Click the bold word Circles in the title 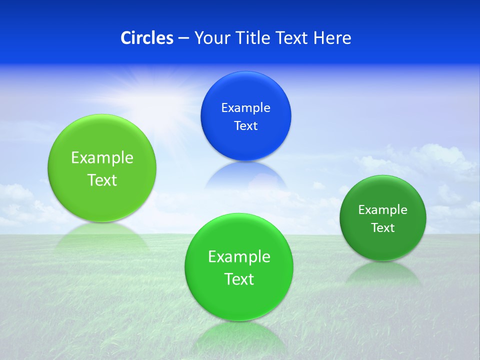coord(147,38)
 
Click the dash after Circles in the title coord(183,38)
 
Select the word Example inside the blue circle coord(245,107)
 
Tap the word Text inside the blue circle coord(245,125)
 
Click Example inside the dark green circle coord(382,209)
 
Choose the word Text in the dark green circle coord(382,227)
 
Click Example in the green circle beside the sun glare coord(102,157)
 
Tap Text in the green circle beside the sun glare coord(102,180)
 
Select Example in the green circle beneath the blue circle coord(239,256)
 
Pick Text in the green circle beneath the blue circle coord(239,279)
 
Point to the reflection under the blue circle coord(245,175)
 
